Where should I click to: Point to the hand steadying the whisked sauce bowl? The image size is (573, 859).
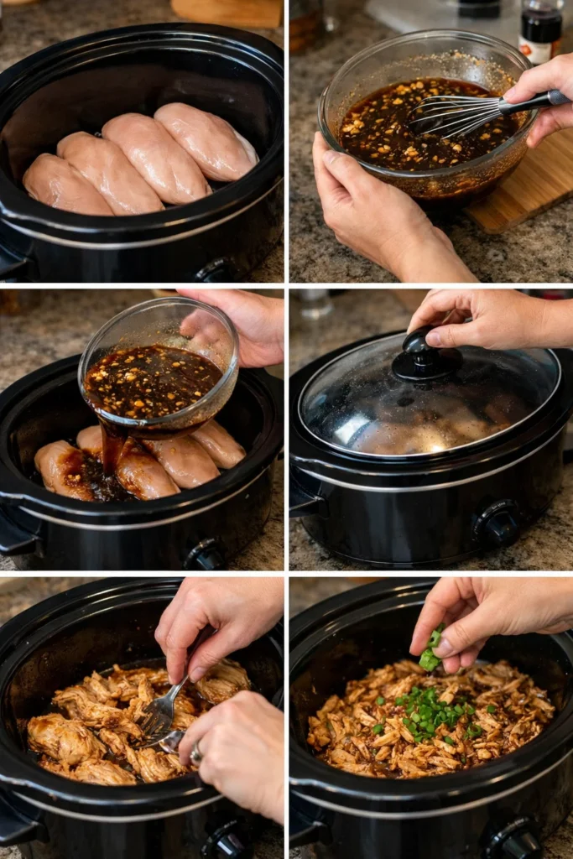(378, 210)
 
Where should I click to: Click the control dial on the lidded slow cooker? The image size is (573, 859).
(498, 524)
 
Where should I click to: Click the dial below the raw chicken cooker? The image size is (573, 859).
(215, 271)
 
